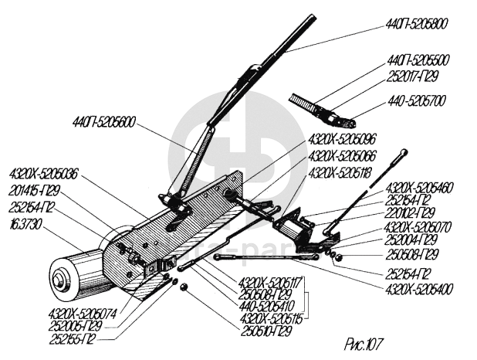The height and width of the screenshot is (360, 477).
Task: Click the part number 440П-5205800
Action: [x=417, y=25]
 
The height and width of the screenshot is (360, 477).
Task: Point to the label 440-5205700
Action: [x=418, y=101]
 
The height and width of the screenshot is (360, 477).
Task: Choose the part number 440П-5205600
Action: [x=104, y=121]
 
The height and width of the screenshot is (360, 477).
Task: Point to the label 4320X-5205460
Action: [x=419, y=188]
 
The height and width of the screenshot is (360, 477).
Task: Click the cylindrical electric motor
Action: [x=77, y=267]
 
